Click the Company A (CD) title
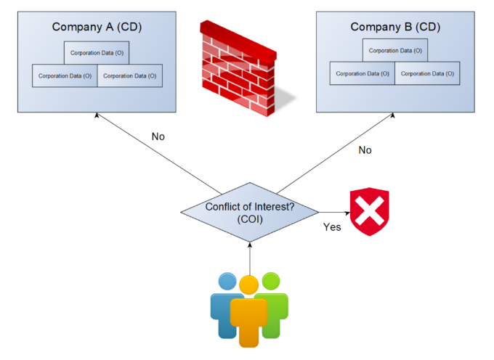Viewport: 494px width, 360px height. [x=97, y=27]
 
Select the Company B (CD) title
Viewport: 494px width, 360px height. [x=395, y=27]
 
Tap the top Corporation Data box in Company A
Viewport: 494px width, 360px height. [x=97, y=53]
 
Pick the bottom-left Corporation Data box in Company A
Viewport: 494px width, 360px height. [x=65, y=75]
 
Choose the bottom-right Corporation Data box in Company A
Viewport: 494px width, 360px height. [x=130, y=75]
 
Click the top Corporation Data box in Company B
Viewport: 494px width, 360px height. [x=395, y=50]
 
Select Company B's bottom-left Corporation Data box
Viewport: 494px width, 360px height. [x=363, y=73]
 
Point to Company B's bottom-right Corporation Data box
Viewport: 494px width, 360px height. [x=427, y=73]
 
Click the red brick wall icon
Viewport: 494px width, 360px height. [x=243, y=68]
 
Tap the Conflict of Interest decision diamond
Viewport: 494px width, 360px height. [x=249, y=213]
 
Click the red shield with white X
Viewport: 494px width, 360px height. [x=370, y=211]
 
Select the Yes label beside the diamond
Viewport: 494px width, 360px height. [x=332, y=227]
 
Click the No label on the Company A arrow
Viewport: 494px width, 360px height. [x=158, y=136]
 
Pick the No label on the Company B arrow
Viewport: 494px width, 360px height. [x=365, y=150]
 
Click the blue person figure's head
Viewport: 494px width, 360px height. [x=227, y=282]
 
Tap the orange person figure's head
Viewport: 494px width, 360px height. [x=249, y=285]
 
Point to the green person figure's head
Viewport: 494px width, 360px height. [x=271, y=281]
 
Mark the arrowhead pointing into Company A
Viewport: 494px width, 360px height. [x=97, y=115]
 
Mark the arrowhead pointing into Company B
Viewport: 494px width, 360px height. [x=393, y=115]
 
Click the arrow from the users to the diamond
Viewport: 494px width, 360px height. [x=250, y=258]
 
